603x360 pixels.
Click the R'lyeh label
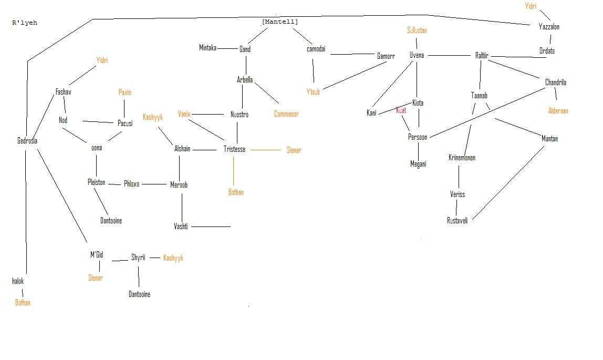pos(24,23)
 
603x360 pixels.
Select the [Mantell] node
pos(279,22)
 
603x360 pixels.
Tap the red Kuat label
pos(401,110)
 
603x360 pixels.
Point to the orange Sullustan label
pos(417,30)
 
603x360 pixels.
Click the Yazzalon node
pos(549,26)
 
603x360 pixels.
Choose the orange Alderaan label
pos(558,111)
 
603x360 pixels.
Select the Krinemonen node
pos(462,158)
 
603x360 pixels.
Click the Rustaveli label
pos(457,220)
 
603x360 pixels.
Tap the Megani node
pos(418,164)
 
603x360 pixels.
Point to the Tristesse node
pos(234,149)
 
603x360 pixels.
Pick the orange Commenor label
pos(286,114)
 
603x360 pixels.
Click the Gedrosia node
pos(27,141)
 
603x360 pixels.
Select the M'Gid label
pos(96,255)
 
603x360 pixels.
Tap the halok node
pos(18,281)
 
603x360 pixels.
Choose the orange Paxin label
pos(124,92)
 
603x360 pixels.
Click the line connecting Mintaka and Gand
pos(227,48)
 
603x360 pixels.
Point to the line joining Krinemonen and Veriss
pos(459,177)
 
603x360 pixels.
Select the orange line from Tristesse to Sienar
pos(266,150)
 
